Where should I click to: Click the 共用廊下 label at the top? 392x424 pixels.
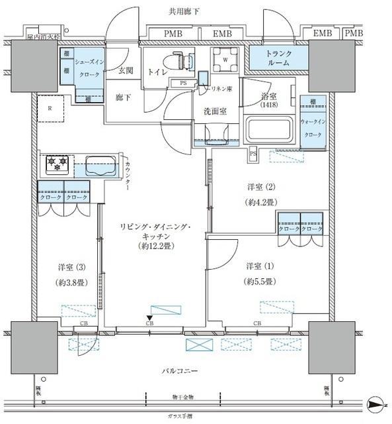click(196, 12)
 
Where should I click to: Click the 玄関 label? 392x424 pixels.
click(126, 70)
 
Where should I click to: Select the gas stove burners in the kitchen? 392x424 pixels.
click(58, 164)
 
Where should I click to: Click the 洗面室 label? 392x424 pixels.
click(215, 111)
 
